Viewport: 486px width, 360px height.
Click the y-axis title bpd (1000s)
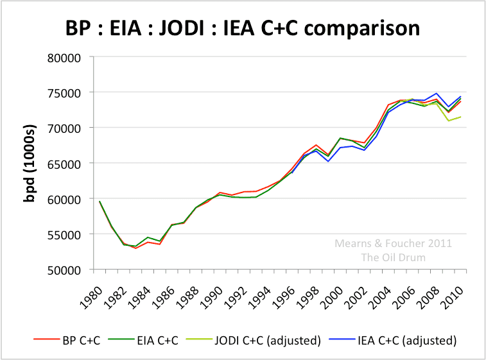(x=29, y=163)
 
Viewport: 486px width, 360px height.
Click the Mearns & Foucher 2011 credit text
(x=393, y=243)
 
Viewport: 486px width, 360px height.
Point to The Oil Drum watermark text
(x=393, y=257)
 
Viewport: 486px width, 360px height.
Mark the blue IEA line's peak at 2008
(x=437, y=94)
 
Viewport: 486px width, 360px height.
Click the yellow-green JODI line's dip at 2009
(x=449, y=121)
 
